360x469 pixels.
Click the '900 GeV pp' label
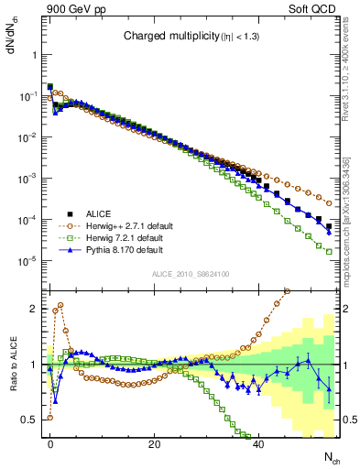pos(67,7)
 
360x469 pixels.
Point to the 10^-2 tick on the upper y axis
pos(27,137)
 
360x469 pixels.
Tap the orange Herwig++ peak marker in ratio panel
pos(60,305)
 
